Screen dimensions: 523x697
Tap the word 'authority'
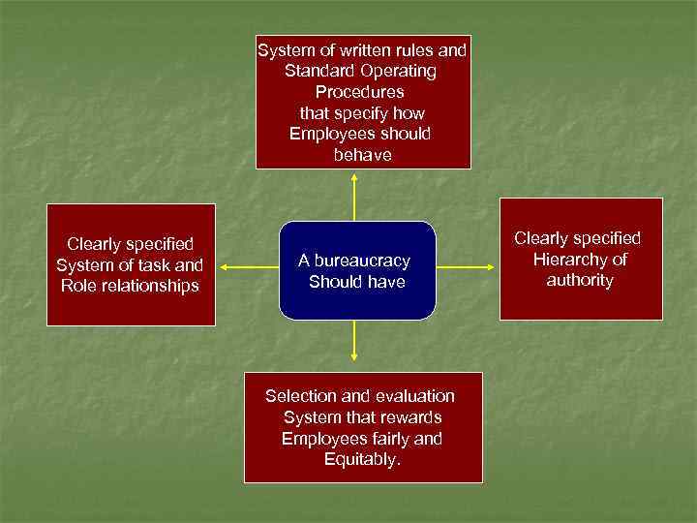coord(580,280)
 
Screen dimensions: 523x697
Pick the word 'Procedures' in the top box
coord(360,92)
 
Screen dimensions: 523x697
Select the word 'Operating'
coord(398,71)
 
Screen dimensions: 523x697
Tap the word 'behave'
coord(362,155)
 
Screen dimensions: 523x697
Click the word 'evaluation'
coord(413,396)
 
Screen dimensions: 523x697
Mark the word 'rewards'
coord(410,417)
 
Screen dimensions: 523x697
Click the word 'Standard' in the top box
coord(317,71)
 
